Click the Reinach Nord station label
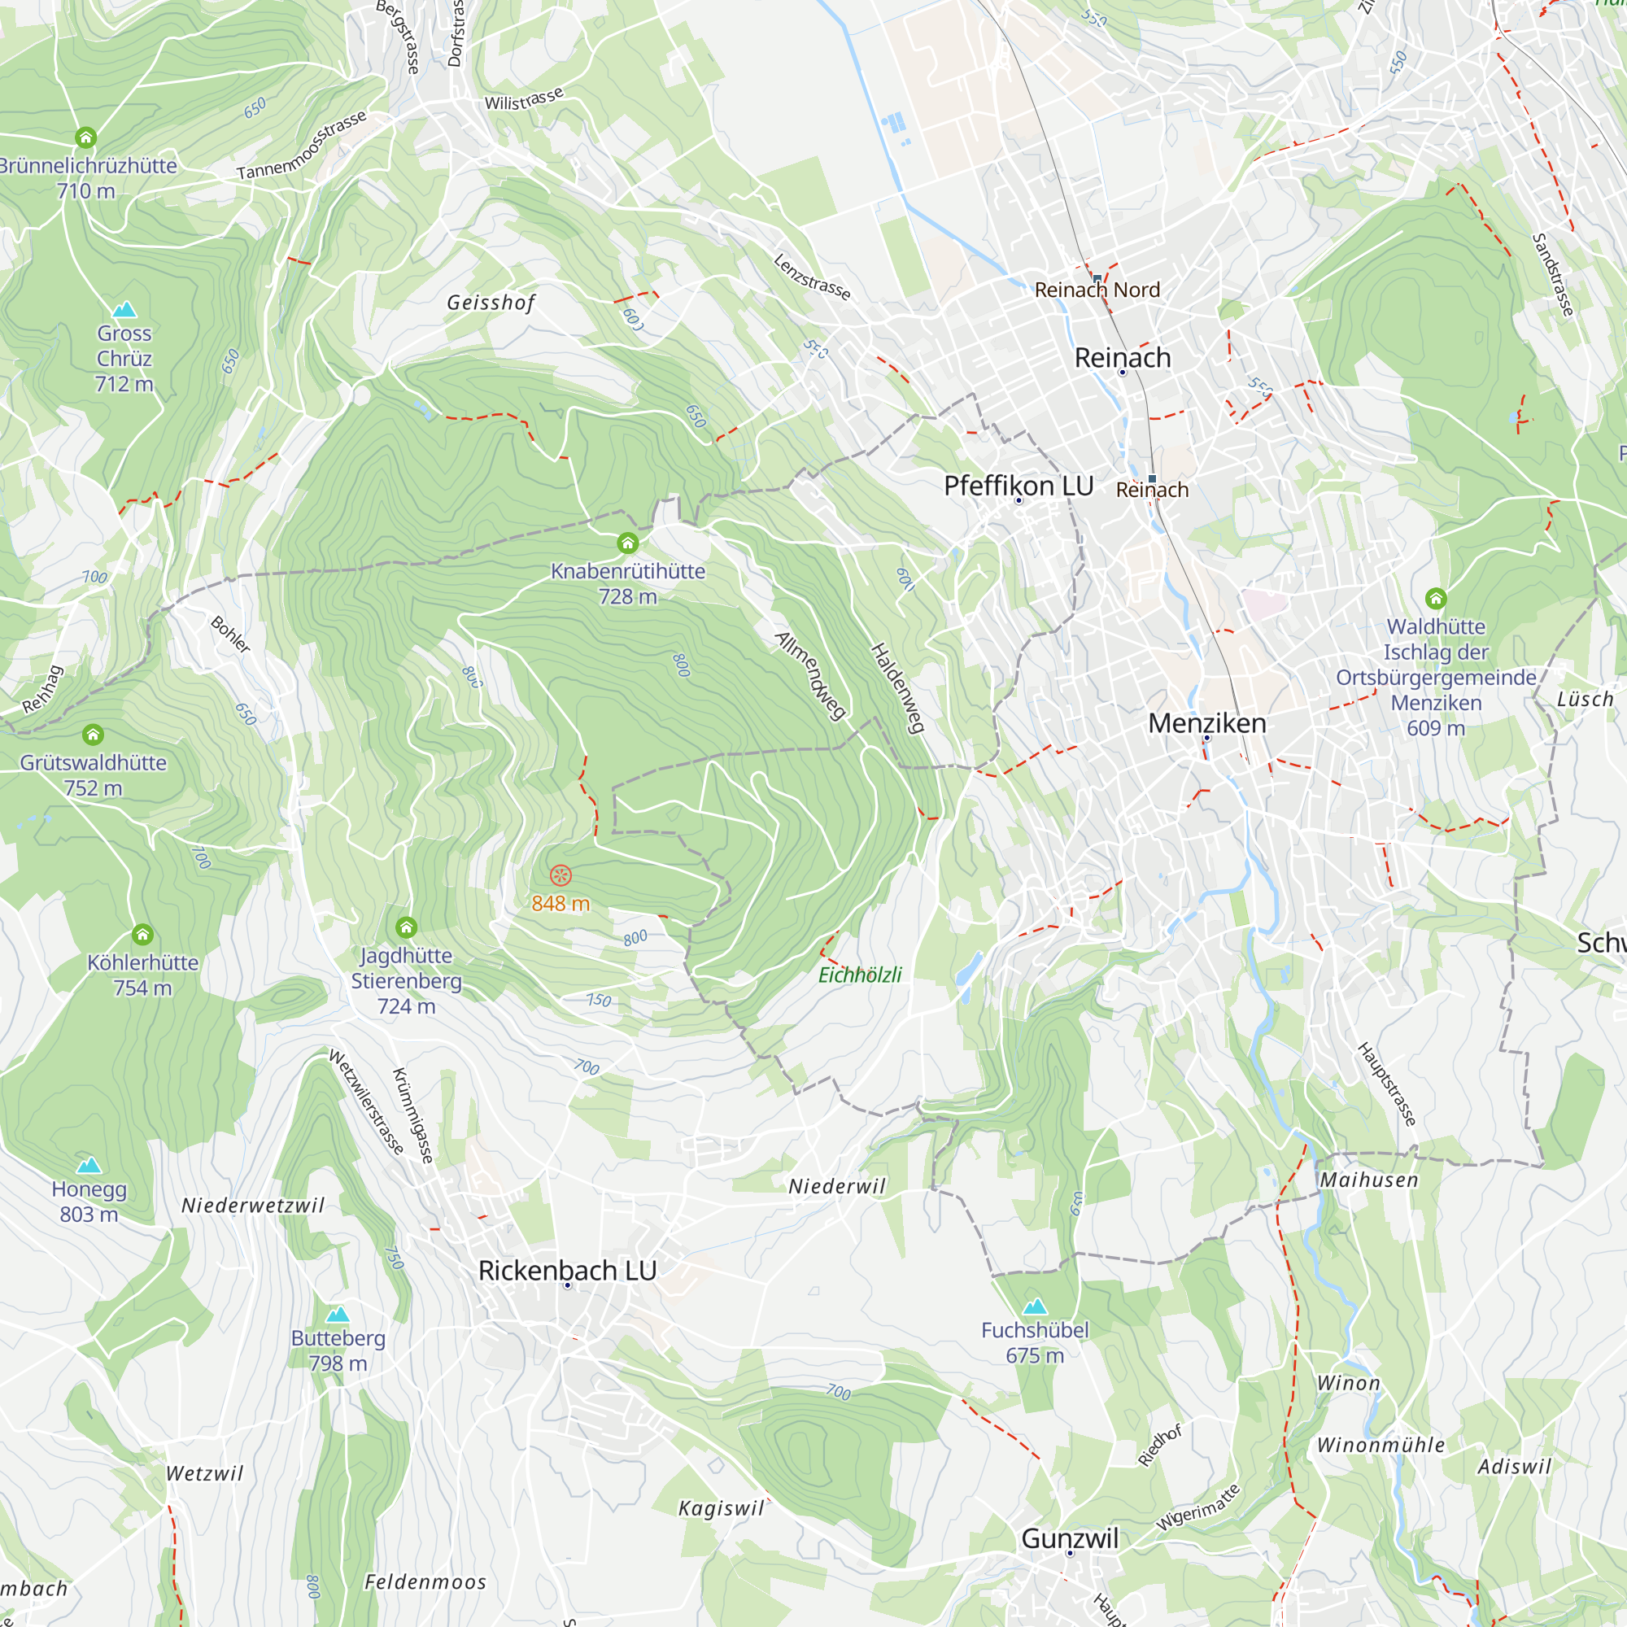point(1097,290)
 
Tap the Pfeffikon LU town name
point(1019,486)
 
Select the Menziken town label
point(1206,723)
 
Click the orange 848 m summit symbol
point(561,876)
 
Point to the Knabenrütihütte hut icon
point(627,543)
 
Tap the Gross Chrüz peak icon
point(124,309)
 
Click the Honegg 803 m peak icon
point(89,1166)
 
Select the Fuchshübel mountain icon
point(1035,1306)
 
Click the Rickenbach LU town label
point(567,1271)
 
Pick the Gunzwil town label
point(1070,1538)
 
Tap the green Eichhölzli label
point(860,975)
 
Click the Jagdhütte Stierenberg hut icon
point(407,928)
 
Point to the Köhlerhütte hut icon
point(143,935)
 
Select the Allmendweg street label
point(810,675)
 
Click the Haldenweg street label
point(898,687)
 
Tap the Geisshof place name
point(491,303)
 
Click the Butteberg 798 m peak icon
point(338,1315)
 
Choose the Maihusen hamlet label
point(1368,1180)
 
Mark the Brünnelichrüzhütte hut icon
point(86,137)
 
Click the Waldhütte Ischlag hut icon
point(1436,599)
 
